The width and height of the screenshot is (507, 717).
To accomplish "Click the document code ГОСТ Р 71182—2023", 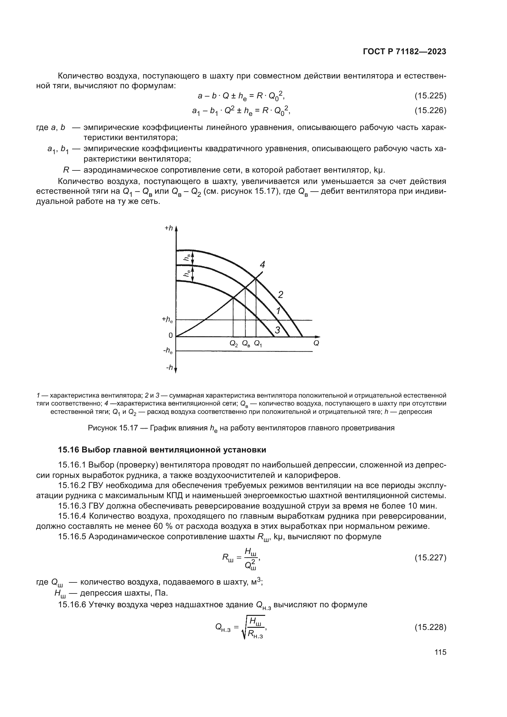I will tap(405, 52).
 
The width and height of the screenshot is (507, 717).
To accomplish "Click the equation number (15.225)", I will tap(430, 96).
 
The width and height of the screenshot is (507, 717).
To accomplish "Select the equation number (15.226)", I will tap(430, 110).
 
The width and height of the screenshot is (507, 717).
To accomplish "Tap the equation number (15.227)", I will tap(430, 557).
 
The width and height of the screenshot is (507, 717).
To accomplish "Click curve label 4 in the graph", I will tap(263, 265).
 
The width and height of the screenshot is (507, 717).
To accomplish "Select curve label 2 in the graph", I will tap(280, 295).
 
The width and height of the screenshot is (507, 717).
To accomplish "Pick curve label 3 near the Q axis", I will tap(277, 330).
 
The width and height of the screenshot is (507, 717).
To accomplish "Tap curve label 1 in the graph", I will tap(278, 311).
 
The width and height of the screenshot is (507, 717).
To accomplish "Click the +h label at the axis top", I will tap(169, 228).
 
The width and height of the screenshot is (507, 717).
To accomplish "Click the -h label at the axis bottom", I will tap(169, 368).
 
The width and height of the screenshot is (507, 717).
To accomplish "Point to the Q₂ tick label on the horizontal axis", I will tap(234, 344).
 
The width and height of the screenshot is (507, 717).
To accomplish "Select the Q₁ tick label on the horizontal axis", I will tap(258, 344).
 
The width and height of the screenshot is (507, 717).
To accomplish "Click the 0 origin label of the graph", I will tap(170, 335).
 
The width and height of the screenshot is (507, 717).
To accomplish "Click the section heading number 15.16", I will tap(69, 450).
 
